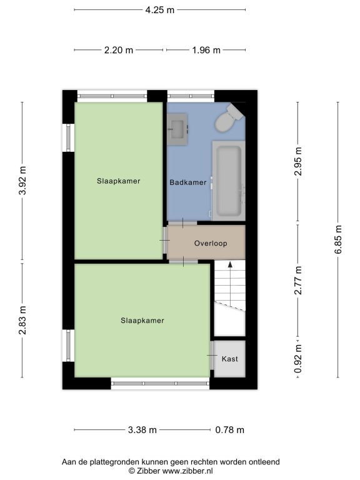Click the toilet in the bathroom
tap(229, 119)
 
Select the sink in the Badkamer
tap(177, 129)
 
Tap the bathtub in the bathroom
tap(229, 181)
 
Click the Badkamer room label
tap(188, 182)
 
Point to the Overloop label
tap(211, 243)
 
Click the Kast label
tap(229, 359)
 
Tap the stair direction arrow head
tap(230, 265)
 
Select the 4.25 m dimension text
tap(159, 10)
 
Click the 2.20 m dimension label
tap(119, 50)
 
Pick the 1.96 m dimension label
tap(206, 50)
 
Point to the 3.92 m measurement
tap(22, 181)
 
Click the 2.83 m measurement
tap(22, 320)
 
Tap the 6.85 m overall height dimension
tap(338, 240)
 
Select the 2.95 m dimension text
tap(298, 161)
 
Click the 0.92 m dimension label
tap(298, 359)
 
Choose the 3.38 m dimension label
tap(142, 430)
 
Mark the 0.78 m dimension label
tap(229, 430)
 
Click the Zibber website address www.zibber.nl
tap(187, 471)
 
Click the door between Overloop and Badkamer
tap(182, 223)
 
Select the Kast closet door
tap(212, 356)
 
